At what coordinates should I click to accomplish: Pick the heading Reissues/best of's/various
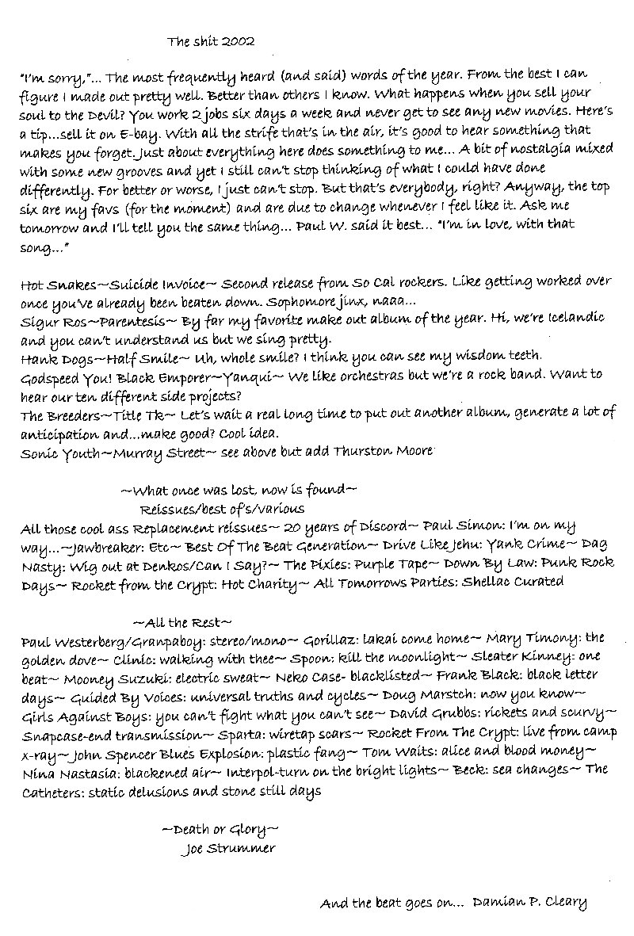tap(222, 508)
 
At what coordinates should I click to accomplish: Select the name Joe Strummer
tap(227, 849)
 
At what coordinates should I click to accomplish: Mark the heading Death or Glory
tap(220, 830)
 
